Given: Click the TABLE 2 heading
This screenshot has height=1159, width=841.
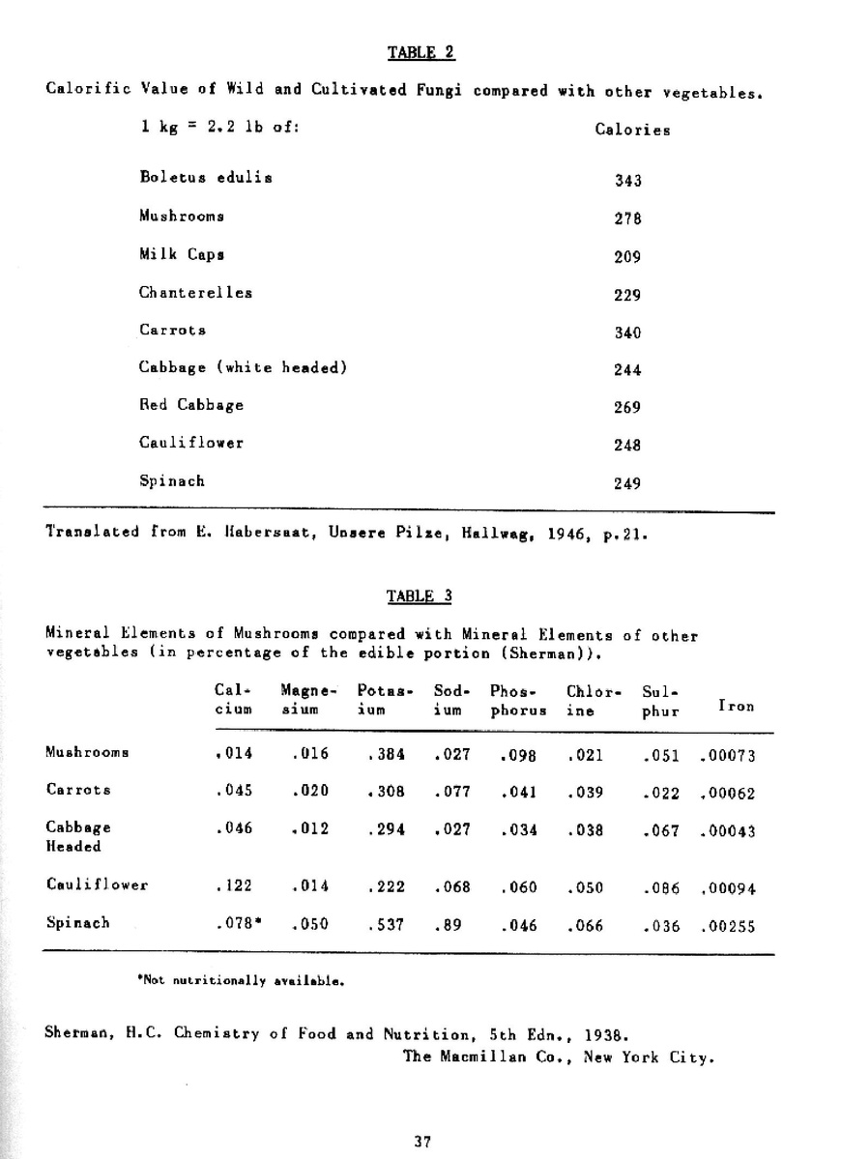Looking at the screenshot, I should click(420, 52).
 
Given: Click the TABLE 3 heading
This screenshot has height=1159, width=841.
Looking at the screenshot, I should click(420, 595).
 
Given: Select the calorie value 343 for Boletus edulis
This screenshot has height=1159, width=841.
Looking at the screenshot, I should click(628, 181).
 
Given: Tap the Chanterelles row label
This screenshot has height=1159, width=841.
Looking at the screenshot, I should click(195, 292).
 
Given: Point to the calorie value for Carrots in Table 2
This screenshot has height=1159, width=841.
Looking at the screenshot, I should click(628, 333).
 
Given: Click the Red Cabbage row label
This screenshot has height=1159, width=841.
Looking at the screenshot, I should click(191, 405).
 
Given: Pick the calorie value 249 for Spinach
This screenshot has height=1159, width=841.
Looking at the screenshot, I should click(628, 484).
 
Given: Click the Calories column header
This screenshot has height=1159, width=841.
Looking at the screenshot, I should click(632, 130).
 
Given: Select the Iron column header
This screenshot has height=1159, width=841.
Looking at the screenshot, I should click(736, 707).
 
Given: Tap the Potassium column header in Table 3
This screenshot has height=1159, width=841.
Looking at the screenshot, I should click(385, 699).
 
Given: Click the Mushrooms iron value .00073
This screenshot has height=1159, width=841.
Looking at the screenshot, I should click(727, 756).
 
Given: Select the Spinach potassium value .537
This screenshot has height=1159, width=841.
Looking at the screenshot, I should click(386, 925).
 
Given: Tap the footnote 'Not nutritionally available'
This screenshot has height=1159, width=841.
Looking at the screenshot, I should click(243, 980).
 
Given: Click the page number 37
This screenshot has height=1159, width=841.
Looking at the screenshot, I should click(421, 1141).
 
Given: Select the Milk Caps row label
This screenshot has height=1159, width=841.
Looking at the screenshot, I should click(182, 254).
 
